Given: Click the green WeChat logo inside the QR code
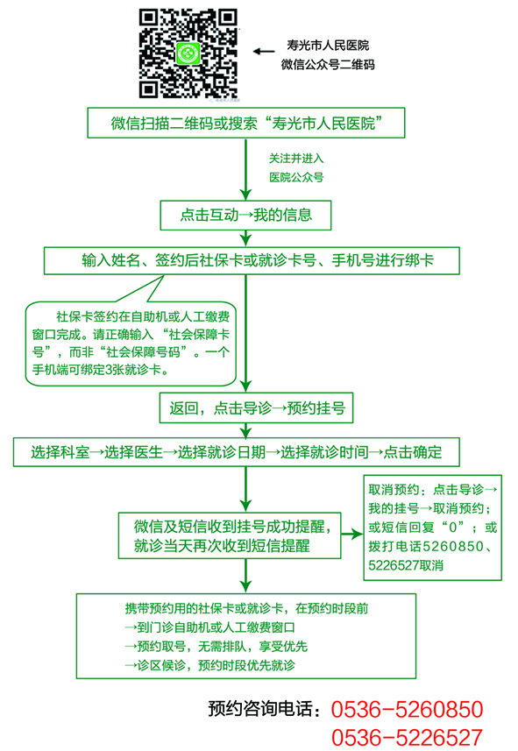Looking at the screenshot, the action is (x=188, y=53).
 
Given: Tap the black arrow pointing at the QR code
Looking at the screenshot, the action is (x=264, y=51).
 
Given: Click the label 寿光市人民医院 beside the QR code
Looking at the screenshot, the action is (x=328, y=46).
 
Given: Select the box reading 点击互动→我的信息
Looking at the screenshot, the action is (x=245, y=215).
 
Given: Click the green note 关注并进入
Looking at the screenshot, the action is (x=296, y=159).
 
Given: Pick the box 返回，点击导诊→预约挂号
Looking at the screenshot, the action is (x=256, y=408).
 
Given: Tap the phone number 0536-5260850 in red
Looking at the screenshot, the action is (x=407, y=709).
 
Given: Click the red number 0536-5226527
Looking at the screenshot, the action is (x=407, y=738).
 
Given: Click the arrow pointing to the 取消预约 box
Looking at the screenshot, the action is (x=351, y=534).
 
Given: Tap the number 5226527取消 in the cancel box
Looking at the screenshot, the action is (x=406, y=565).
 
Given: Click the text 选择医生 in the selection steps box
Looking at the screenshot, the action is (x=133, y=451).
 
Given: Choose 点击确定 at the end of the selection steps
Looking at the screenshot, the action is (x=413, y=451).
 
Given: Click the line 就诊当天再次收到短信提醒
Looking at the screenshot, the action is (x=222, y=546).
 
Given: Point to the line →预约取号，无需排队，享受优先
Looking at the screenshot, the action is (x=216, y=647).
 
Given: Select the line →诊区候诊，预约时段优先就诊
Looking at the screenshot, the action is (x=209, y=665).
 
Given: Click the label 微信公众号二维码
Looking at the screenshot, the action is (x=328, y=65).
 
